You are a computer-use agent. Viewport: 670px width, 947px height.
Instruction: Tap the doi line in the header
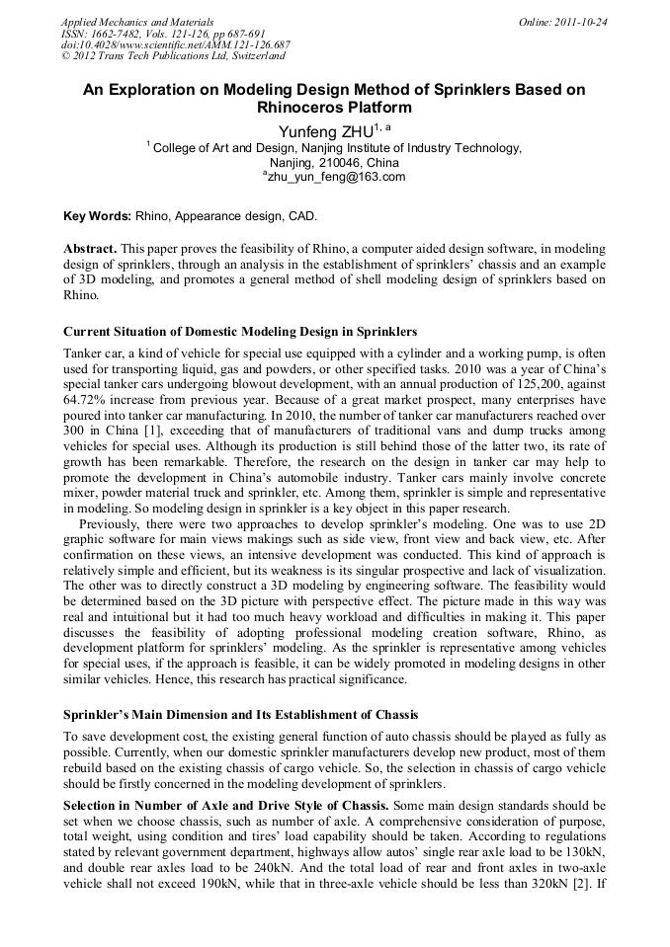[x=176, y=44]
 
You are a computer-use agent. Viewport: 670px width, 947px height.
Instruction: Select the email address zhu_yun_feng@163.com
[x=337, y=177]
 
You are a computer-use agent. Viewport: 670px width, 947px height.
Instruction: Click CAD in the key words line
[x=300, y=215]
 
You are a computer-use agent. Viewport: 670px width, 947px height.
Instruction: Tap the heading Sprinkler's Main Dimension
[x=240, y=714]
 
